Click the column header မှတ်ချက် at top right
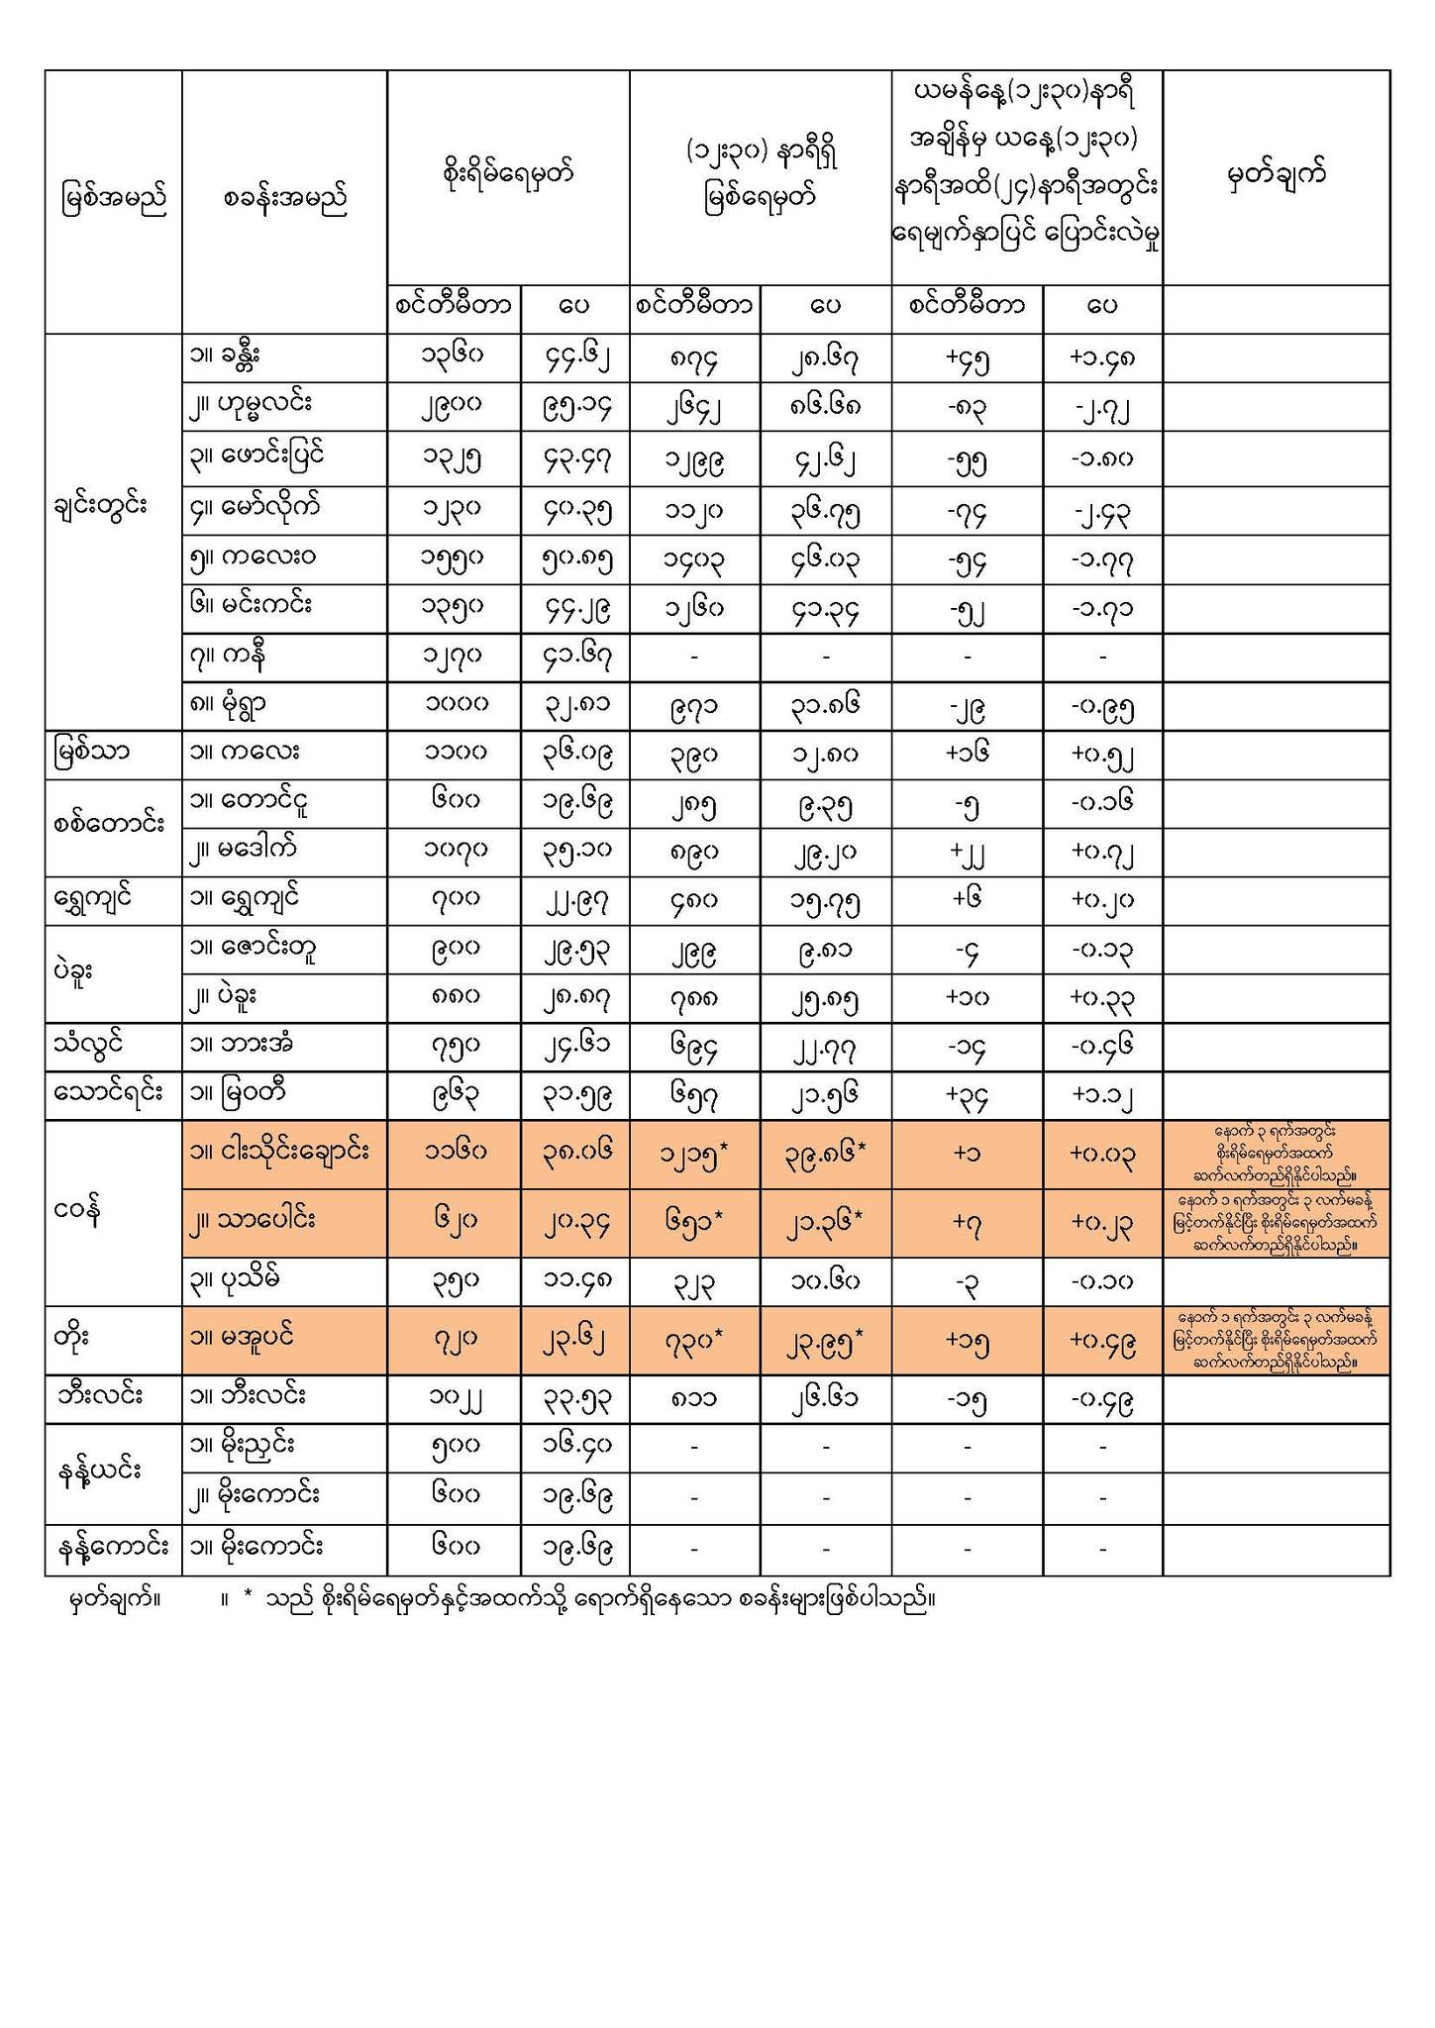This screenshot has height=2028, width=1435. click(1276, 176)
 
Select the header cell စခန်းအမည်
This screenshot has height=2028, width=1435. click(284, 199)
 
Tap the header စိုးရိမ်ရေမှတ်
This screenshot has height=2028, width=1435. click(508, 175)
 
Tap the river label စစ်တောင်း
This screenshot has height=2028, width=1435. click(107, 825)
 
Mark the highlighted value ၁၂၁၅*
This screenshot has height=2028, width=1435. click(695, 1154)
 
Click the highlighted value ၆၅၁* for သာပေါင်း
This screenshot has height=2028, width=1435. click(695, 1222)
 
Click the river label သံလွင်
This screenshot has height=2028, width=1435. click(91, 1046)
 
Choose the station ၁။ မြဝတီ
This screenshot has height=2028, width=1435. click(239, 1094)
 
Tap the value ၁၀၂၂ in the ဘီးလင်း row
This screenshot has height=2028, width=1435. click(453, 1398)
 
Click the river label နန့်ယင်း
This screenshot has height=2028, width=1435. click(102, 1471)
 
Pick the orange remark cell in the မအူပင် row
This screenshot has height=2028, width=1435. click(1276, 1340)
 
